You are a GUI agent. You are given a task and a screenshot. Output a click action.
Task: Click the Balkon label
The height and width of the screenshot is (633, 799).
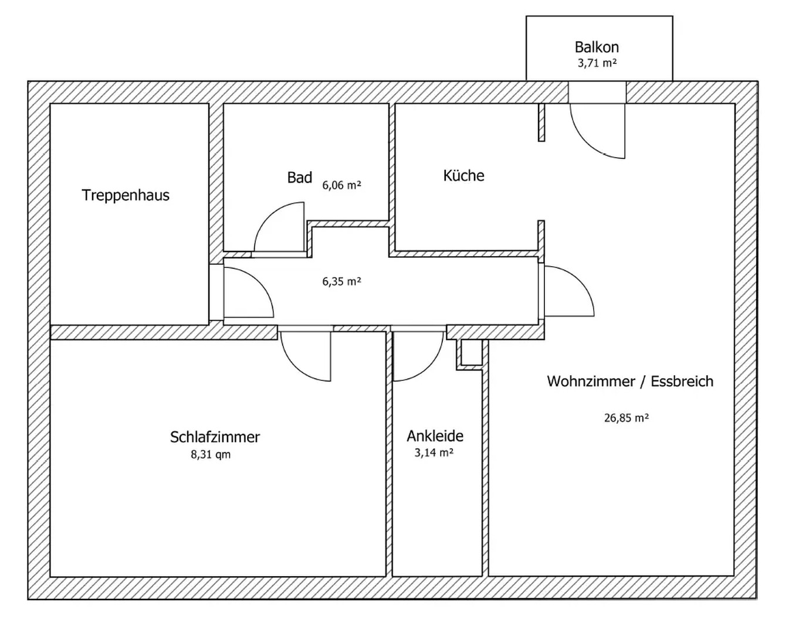coord(597,47)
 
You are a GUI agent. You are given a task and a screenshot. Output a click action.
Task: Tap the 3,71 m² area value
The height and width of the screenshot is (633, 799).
coord(597,63)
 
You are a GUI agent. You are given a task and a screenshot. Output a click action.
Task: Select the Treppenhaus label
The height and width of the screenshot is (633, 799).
coord(126,195)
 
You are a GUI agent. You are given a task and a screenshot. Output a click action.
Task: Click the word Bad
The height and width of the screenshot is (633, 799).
coord(299,178)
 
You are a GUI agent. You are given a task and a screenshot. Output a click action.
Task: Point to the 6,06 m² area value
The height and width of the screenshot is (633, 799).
coord(341,185)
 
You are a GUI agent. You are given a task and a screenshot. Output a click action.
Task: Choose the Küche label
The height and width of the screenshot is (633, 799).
coord(463,175)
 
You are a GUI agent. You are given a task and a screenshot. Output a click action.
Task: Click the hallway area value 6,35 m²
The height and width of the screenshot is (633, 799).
coord(341,281)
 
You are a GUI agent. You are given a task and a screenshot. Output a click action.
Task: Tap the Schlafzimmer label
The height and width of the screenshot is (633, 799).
coord(215,437)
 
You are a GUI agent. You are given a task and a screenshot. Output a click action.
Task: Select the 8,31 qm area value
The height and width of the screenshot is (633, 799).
coord(211,454)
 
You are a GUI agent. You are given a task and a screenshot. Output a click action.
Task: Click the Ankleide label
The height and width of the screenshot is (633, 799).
coord(435,436)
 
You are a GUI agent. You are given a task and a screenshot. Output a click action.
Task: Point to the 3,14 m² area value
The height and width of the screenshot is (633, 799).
coord(434,452)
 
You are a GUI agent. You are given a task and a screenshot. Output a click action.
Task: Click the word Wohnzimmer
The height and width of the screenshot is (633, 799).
coord(591,381)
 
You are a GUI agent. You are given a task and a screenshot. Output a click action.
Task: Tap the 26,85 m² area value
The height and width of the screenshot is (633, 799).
coord(626,418)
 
